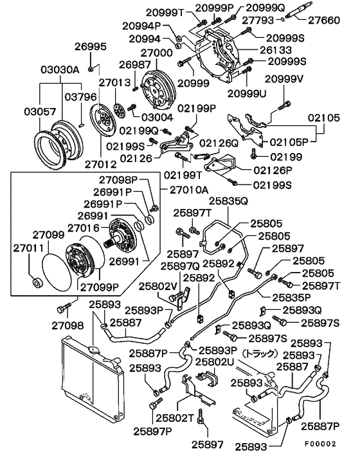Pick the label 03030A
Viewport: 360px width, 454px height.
click(60, 69)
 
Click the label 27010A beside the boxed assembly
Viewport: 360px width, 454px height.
click(190, 190)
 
